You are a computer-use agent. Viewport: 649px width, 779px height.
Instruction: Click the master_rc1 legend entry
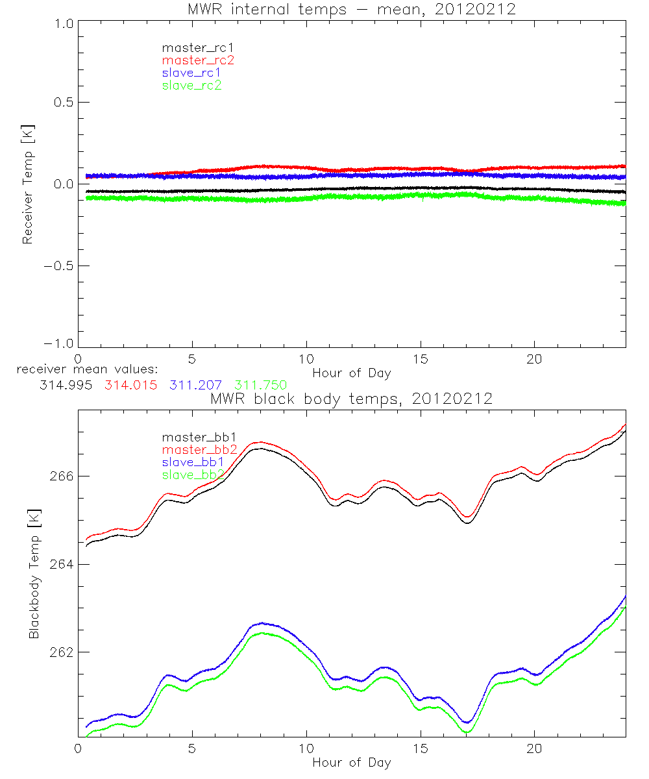click(x=191, y=47)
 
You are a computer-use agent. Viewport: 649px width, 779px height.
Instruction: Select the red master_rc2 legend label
click(x=191, y=60)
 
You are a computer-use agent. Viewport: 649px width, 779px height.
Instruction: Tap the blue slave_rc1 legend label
click(x=191, y=73)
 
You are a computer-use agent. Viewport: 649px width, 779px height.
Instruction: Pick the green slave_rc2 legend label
click(x=191, y=86)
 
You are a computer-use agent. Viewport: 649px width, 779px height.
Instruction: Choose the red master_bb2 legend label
click(x=193, y=449)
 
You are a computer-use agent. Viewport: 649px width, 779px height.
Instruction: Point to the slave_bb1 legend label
click(x=193, y=462)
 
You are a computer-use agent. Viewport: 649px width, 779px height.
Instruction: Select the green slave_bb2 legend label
click(x=193, y=475)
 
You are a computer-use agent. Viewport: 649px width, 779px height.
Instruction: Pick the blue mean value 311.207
click(x=195, y=385)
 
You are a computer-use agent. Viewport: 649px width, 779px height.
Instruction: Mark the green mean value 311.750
click(x=261, y=385)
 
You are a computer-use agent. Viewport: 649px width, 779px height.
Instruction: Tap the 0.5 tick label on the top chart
click(x=62, y=103)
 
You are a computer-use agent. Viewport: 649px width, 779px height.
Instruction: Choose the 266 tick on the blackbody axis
click(x=59, y=476)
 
